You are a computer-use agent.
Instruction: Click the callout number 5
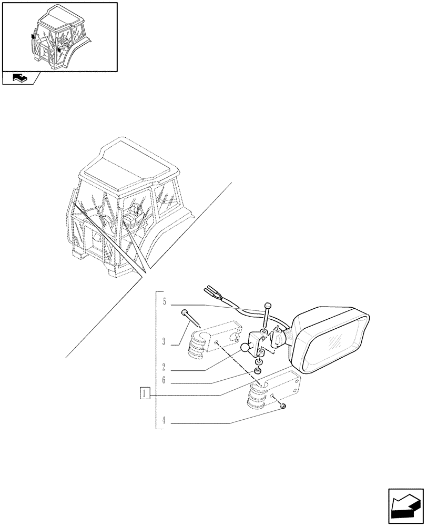pyautogui.click(x=164, y=302)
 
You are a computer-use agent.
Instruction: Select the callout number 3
pyautogui.click(x=164, y=342)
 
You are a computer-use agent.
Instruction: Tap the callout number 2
pyautogui.click(x=164, y=367)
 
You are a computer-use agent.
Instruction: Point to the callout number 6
pyautogui.click(x=164, y=380)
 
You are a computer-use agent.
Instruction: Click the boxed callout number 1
pyautogui.click(x=145, y=392)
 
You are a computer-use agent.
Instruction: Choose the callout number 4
pyautogui.click(x=164, y=421)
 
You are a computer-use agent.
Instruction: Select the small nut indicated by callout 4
pyautogui.click(x=283, y=407)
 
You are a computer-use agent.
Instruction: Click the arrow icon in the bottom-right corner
pyautogui.click(x=405, y=507)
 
